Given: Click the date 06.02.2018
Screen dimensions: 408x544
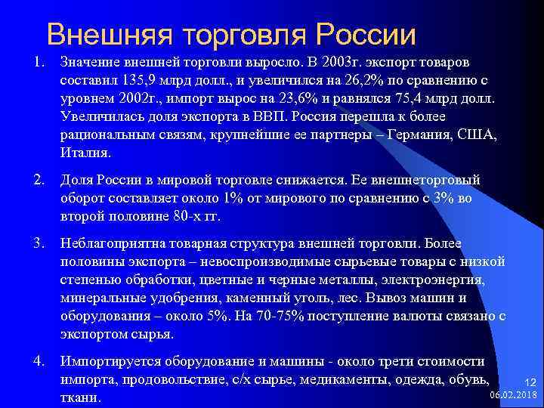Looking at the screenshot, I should (514, 394).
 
